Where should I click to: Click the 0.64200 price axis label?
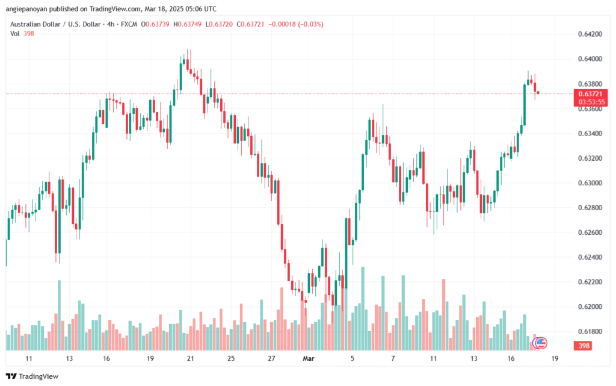pos(588,34)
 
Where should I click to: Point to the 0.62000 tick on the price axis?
pos(588,307)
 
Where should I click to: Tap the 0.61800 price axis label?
pos(588,331)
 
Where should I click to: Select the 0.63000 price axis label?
pos(588,182)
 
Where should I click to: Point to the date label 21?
pos(191,358)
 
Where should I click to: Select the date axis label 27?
pos(271,358)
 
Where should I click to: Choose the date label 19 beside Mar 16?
pos(554,358)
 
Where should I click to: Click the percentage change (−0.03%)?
pos(309,24)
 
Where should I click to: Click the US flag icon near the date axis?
pos(541,343)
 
